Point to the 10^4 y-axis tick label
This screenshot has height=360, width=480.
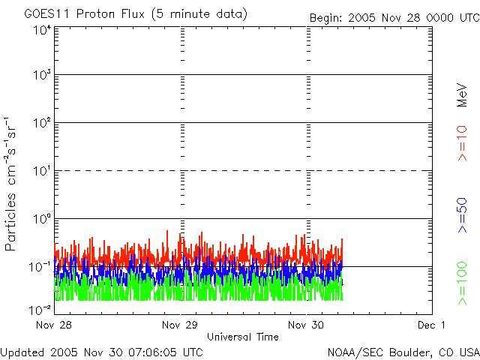(x=41, y=30)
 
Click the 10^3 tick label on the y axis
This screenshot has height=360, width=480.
(x=41, y=75)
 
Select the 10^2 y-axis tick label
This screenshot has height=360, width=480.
(x=41, y=123)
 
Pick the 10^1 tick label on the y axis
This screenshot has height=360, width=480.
(x=41, y=171)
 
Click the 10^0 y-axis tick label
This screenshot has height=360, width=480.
(x=41, y=219)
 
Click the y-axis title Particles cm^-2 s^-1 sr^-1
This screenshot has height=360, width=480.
(x=13, y=184)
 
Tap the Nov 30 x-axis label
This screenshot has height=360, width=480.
(x=307, y=325)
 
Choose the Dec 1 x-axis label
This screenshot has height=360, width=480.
(x=432, y=325)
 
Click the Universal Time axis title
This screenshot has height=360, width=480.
(x=242, y=337)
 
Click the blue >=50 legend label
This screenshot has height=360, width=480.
(x=463, y=214)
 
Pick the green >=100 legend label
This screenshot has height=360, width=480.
(x=463, y=283)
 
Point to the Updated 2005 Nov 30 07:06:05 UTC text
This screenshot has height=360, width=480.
(x=102, y=351)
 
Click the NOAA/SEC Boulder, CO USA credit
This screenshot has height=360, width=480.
(x=403, y=351)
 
